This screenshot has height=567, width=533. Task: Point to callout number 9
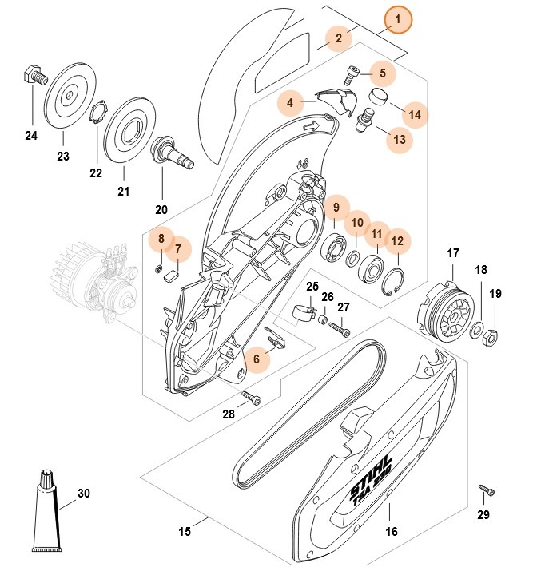tap(337, 208)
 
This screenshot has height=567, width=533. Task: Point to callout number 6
tap(257, 359)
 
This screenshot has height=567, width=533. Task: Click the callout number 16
tap(392, 530)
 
